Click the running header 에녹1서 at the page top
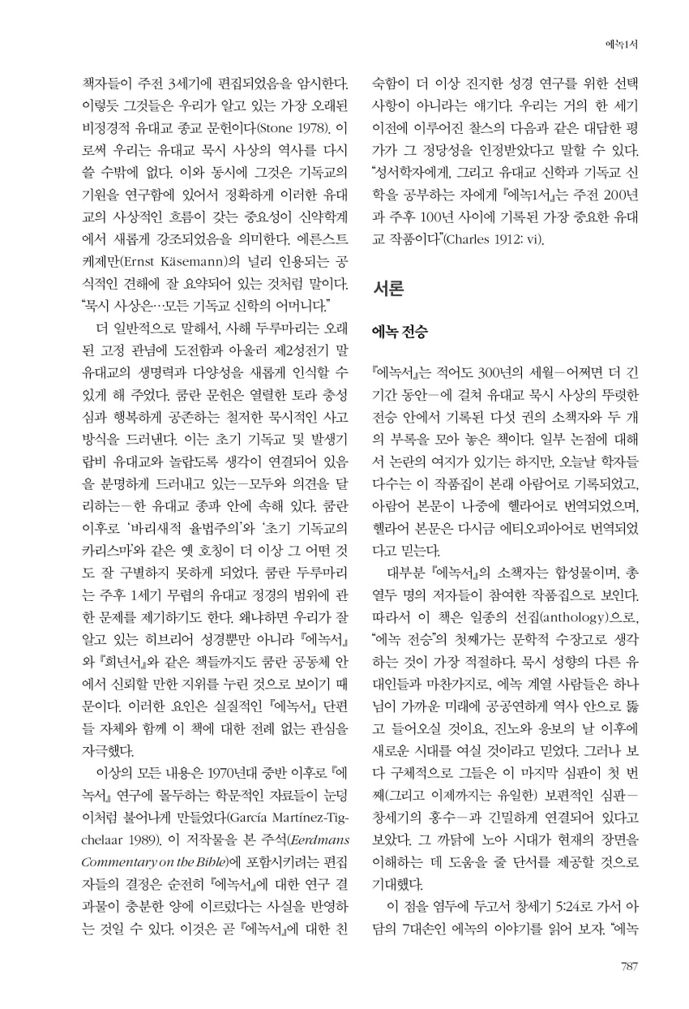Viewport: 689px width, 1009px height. point(623,45)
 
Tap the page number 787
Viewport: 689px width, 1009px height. point(627,965)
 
